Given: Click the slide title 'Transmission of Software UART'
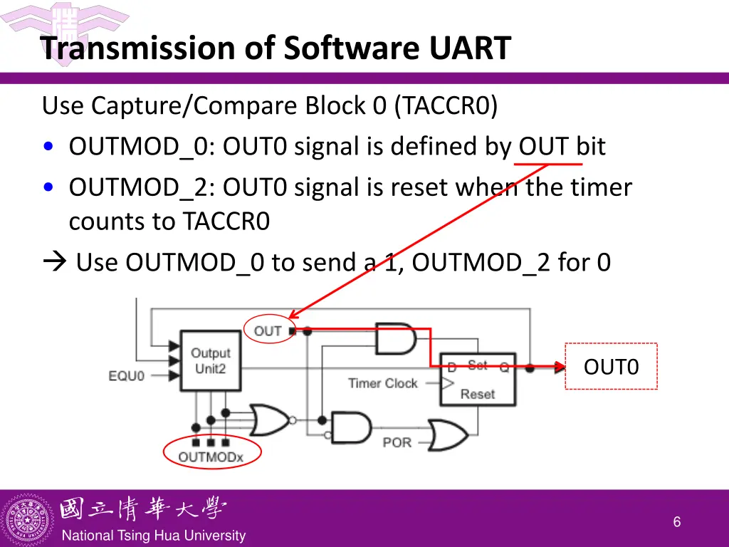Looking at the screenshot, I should (276, 48).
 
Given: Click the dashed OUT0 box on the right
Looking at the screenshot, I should (611, 367).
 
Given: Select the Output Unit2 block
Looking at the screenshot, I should (210, 360).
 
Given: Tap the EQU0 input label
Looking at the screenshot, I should (127, 375).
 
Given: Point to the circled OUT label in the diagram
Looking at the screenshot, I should (268, 330).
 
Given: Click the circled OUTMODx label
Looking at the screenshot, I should (211, 457).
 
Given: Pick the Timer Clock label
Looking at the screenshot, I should (382, 383).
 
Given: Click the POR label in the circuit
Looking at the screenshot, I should (397, 442).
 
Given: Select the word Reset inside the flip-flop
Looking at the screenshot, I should (478, 394).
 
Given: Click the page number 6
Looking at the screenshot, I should (676, 522).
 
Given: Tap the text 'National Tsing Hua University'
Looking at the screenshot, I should (154, 536).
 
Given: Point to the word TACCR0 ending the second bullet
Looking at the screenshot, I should (226, 222).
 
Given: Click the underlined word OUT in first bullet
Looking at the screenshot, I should (543, 147).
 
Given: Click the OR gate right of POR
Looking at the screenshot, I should (447, 434).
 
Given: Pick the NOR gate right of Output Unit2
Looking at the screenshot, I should (269, 420).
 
